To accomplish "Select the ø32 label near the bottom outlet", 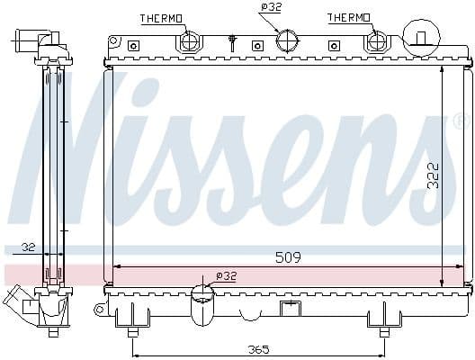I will coord(227,275).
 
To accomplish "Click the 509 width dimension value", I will coord(287,257).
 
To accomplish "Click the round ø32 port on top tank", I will coord(287,41).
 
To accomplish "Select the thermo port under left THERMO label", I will coord(191,42).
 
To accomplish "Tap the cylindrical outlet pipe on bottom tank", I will coord(203,308).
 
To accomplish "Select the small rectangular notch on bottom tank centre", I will coord(289,310).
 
